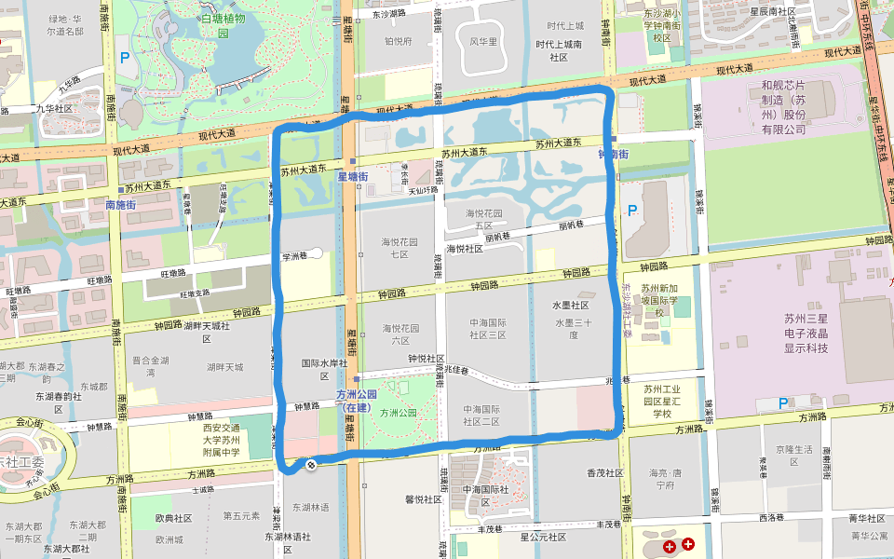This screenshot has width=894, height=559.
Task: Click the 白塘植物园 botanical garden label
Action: [223, 25]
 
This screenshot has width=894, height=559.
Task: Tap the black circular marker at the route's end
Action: [311, 464]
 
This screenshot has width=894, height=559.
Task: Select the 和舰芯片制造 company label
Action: [782, 106]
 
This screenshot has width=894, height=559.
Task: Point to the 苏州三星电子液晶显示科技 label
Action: [806, 333]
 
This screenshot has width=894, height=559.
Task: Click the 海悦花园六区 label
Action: [400, 334]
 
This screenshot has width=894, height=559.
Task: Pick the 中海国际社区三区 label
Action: [487, 329]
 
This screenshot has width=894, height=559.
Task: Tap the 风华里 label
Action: [483, 41]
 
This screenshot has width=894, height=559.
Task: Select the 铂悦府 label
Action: [398, 41]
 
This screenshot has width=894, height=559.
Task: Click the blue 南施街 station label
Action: [121, 204]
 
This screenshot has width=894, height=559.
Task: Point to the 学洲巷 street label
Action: [297, 254]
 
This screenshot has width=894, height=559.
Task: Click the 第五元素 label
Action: [241, 515]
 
